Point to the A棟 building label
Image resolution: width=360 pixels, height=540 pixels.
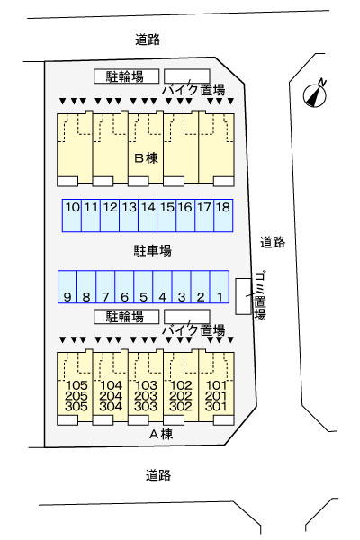coord(159,435)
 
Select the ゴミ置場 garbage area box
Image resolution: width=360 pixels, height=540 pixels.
coord(242,296)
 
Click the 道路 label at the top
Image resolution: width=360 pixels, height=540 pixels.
coord(148,39)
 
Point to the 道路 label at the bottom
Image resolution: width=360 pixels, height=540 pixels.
coord(157,474)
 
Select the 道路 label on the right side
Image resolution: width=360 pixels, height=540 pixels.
coord(273,241)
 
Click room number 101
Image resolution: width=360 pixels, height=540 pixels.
coord(216,385)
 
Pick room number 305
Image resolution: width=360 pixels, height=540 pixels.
coord(75,407)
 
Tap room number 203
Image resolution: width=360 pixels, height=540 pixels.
coord(146,396)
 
